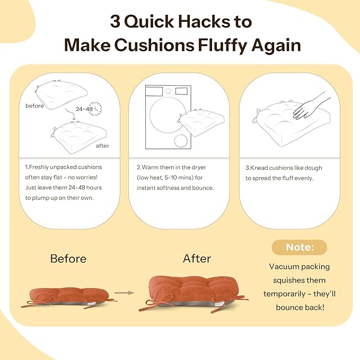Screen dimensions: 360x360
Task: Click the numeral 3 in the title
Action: coord(115,22)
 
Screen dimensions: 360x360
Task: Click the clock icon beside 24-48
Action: coord(95,109)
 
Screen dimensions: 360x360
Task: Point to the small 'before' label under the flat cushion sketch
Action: coord(34,106)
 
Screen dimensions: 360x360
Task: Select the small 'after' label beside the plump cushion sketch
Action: coord(102,146)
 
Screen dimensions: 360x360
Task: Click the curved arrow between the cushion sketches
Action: coord(71,113)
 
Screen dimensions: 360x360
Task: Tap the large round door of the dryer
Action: coord(168,115)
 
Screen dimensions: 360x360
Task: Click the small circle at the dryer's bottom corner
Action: coord(181,141)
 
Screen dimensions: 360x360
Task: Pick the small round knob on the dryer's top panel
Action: coord(168,91)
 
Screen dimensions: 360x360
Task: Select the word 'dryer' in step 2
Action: coord(199,168)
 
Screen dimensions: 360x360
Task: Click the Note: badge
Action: coord(300,247)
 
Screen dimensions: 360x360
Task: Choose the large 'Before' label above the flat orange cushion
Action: coord(68,259)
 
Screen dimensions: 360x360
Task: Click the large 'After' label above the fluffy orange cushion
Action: coord(197,259)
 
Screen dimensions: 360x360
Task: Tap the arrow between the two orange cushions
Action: coord(124,293)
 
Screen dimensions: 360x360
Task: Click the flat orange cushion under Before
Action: coord(69,297)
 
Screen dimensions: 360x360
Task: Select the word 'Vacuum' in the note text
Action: coord(284,267)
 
